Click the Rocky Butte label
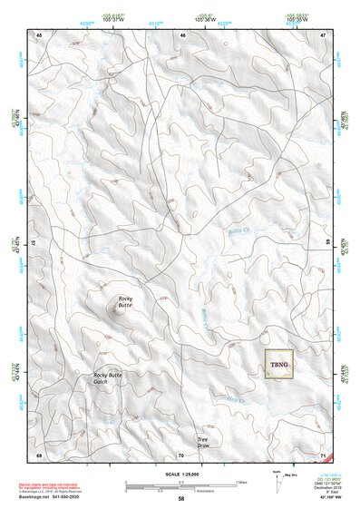pos(124,302)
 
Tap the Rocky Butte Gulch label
pos(107,378)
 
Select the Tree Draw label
pos(203,442)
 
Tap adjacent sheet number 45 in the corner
pos(39,34)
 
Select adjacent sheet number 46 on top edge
pos(182,34)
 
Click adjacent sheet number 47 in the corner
pos(324,34)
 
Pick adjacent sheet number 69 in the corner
pos(39,454)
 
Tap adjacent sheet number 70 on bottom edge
pos(181,454)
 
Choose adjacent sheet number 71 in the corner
pos(324,454)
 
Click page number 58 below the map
pos(181,498)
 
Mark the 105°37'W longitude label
pos(113,18)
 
